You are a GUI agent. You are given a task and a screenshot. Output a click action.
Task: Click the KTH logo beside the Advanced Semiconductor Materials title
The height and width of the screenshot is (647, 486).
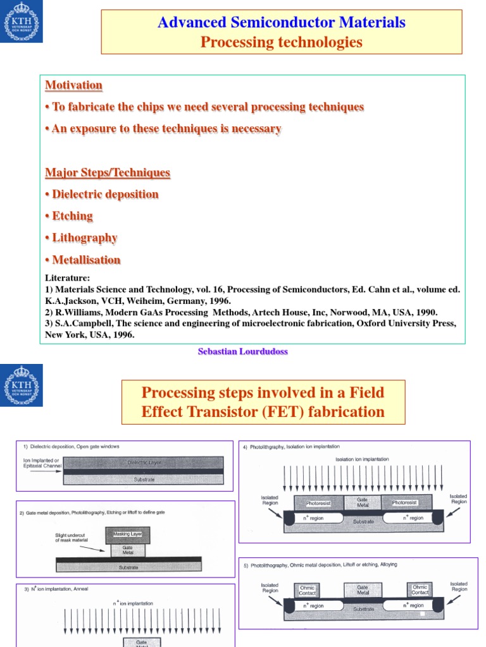tap(22, 22)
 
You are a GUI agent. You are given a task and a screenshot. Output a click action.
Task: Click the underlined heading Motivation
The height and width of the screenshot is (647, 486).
tap(73, 85)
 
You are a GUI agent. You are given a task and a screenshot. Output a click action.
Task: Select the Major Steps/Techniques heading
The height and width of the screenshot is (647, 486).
tap(108, 172)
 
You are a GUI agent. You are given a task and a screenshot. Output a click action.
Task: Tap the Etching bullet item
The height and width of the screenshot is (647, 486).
tap(72, 216)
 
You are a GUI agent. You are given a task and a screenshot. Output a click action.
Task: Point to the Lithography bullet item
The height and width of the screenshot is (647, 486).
tap(84, 238)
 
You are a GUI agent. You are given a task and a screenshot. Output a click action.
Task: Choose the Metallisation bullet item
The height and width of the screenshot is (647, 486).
tap(86, 260)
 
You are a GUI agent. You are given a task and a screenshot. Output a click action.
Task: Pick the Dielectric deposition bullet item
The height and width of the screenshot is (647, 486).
tap(105, 195)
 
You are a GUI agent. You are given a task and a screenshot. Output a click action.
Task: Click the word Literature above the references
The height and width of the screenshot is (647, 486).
tap(67, 277)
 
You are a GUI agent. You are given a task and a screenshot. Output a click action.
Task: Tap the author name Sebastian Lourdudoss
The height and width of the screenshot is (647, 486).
tap(243, 351)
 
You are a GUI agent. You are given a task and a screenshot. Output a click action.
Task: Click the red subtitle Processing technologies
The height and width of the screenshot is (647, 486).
tap(282, 42)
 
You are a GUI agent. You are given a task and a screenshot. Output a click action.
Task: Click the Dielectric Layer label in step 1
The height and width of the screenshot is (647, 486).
tap(145, 463)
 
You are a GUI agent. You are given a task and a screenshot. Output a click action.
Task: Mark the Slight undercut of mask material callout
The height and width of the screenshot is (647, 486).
tap(70, 538)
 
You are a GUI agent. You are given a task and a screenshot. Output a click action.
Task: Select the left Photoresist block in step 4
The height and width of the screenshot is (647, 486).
tap(319, 503)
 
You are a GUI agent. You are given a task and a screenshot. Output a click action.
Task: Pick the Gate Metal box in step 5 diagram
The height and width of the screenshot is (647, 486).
tap(362, 590)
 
